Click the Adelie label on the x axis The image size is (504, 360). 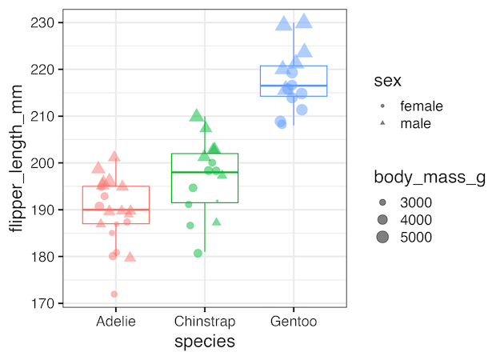tap(115, 322)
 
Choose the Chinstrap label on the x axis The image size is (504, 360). tap(204, 322)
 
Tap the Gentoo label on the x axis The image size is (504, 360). tap(294, 322)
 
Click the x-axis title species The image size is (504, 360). tap(204, 342)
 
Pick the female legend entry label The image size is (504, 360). tap(421, 106)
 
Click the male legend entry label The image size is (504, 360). tap(415, 123)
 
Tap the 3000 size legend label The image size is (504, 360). tap(416, 202)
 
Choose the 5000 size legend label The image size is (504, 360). tap(416, 237)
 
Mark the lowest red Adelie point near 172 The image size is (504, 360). tap(114, 294)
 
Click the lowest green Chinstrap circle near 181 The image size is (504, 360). tap(198, 254)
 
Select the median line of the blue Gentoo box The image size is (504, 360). tap(294, 86)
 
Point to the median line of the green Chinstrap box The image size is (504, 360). tap(204, 172)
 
